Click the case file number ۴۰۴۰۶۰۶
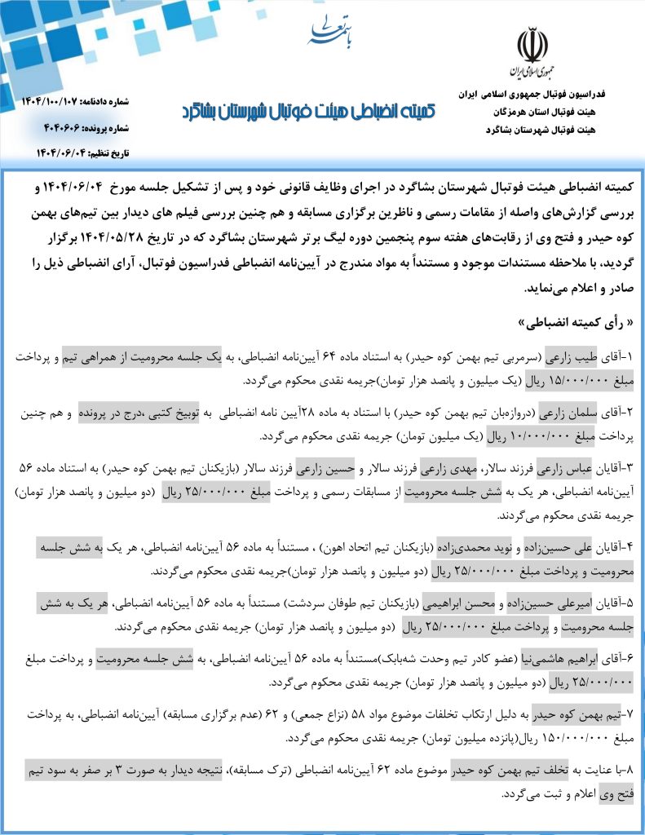(61, 128)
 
